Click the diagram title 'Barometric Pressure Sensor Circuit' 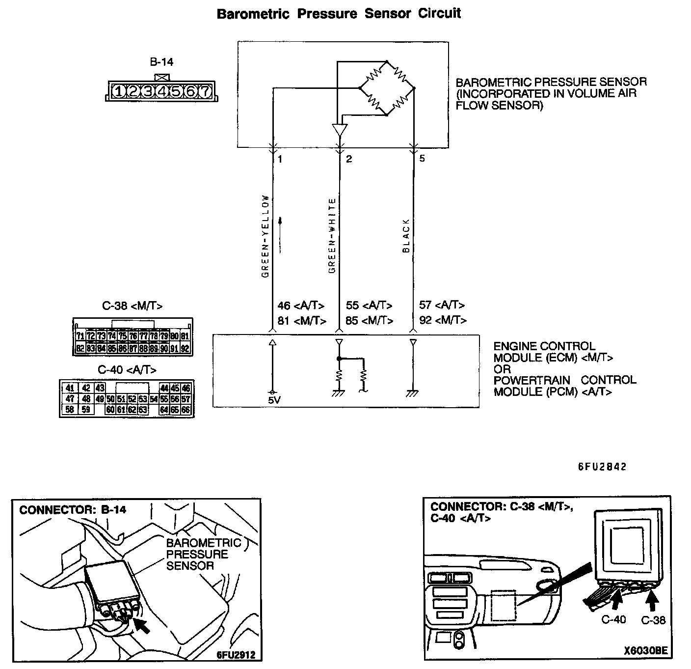point(339,13)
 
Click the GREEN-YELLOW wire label point(266,237)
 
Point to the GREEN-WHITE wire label point(332,236)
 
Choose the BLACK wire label point(406,236)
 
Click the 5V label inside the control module point(274,400)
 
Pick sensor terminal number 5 point(422,159)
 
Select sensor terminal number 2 point(349,159)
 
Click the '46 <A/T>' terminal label point(301,306)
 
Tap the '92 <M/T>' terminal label point(443,320)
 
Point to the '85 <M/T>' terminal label point(370,320)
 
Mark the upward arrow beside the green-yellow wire point(281,235)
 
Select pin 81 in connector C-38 point(185,336)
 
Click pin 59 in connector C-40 point(86,409)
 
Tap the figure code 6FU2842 point(602,467)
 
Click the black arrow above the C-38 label point(652,600)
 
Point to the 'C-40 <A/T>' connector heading point(127,369)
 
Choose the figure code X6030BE point(646,651)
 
